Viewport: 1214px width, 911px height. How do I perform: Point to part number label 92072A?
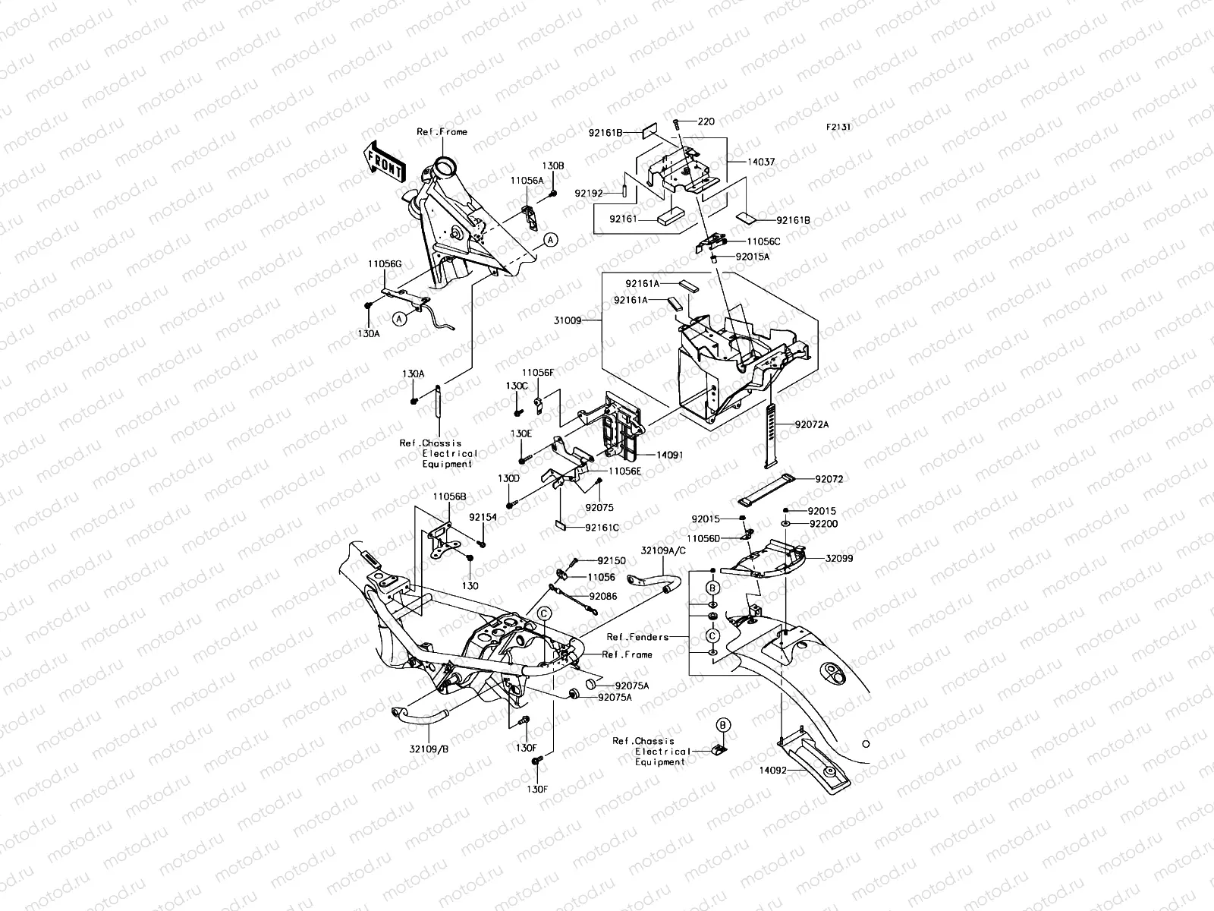(x=812, y=424)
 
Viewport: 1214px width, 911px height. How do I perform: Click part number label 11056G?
(x=384, y=263)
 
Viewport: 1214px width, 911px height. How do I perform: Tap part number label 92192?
(x=588, y=194)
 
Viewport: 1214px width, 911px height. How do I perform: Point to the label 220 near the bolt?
(x=706, y=121)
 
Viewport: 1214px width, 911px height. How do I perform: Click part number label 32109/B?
(x=429, y=747)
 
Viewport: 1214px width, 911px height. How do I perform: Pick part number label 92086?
(x=603, y=597)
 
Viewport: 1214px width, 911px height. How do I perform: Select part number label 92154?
(x=483, y=517)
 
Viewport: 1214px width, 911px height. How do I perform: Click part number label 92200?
(x=823, y=524)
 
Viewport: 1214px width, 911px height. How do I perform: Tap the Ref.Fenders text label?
(x=638, y=636)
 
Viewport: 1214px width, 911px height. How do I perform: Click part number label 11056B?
(x=450, y=496)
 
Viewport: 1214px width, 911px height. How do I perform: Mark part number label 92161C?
(x=602, y=527)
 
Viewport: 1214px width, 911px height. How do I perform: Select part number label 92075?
(x=599, y=508)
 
